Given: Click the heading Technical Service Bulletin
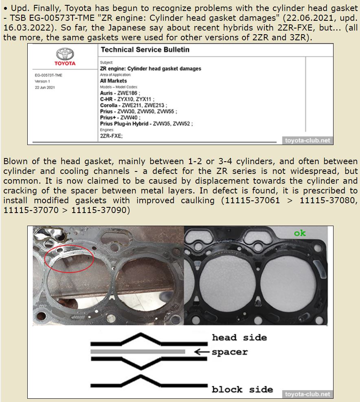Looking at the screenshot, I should point(145,50).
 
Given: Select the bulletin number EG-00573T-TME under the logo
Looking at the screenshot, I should point(48,75).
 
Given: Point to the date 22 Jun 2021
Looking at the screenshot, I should point(45,87).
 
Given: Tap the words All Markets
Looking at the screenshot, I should point(113,81).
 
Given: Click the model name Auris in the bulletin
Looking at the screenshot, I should point(107,93).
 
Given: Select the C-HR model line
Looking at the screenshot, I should point(126,99).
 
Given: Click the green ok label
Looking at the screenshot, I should point(300,233).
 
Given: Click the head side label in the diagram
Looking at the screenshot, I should point(239,338).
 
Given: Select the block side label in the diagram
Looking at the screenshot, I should point(242,389).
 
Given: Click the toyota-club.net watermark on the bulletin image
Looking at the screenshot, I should point(307,141).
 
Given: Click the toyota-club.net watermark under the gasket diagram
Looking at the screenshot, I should point(307,394).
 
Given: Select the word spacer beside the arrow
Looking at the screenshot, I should point(230,352).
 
